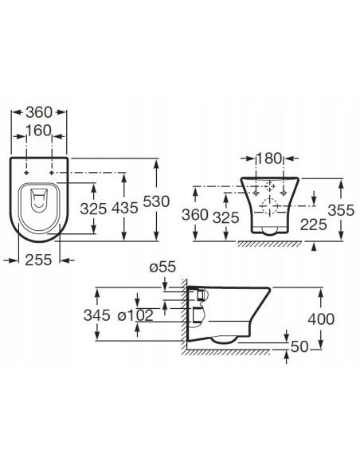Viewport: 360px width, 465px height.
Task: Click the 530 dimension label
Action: [156, 201]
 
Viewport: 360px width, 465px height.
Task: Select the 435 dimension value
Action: [125, 208]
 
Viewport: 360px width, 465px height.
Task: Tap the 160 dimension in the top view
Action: [39, 131]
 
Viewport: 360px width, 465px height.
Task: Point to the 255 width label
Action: [38, 260]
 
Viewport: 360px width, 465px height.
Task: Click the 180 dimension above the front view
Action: [268, 158]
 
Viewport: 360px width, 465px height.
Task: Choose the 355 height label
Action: [342, 210]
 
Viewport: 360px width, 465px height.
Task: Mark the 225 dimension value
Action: [313, 225]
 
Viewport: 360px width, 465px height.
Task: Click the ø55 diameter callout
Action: [162, 267]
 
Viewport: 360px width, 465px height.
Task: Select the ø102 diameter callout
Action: [135, 315]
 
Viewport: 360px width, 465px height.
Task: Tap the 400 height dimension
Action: [321, 319]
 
